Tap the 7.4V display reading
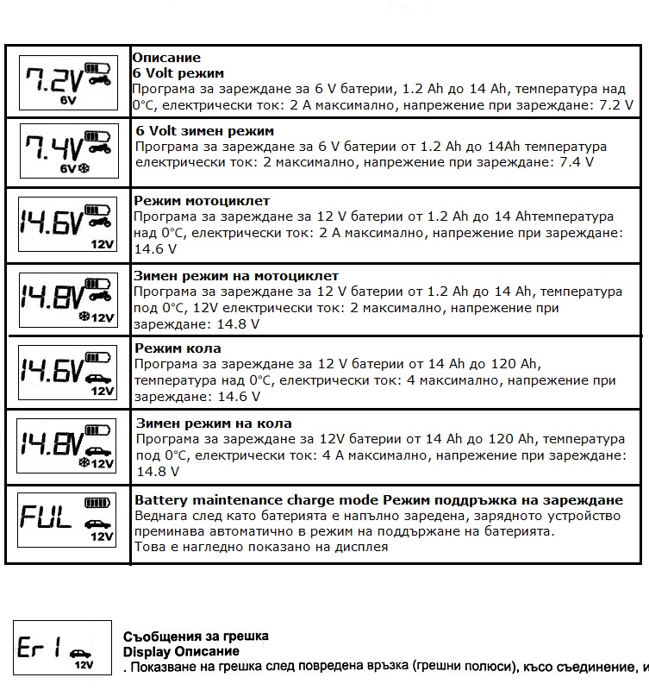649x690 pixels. click(x=53, y=147)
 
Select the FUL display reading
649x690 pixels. click(x=47, y=517)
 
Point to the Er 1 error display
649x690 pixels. click(x=40, y=648)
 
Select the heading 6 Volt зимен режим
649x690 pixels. click(x=205, y=131)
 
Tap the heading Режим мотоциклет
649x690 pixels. click(x=203, y=201)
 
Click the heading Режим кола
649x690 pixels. click(x=178, y=348)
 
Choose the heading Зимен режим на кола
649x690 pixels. click(x=214, y=423)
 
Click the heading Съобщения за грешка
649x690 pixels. click(x=196, y=636)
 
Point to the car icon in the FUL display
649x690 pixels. click(x=92, y=523)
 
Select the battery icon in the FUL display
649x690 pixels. click(x=97, y=503)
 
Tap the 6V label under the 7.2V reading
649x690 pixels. click(x=69, y=100)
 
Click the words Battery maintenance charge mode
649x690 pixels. click(x=257, y=500)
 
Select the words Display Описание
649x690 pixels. click(x=181, y=651)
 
